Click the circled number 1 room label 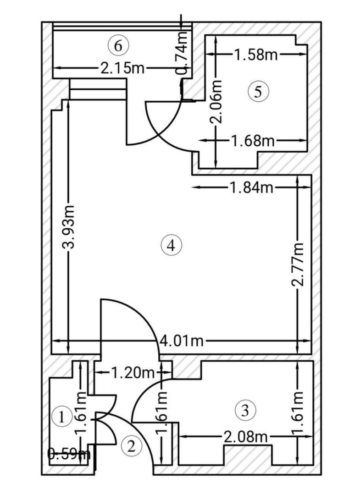pyautogui.click(x=60, y=417)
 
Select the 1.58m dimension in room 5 pyautogui.click(x=255, y=55)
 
